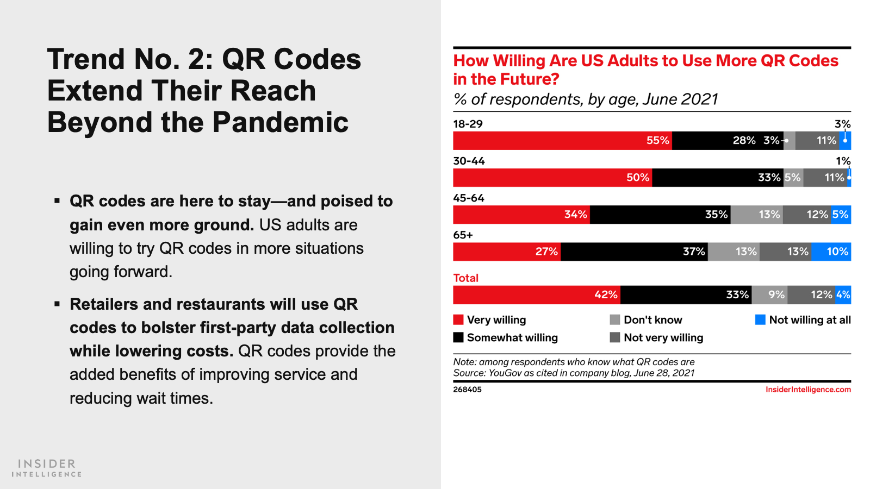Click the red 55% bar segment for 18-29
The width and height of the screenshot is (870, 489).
(562, 141)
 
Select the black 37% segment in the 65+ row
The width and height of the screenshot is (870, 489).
(634, 252)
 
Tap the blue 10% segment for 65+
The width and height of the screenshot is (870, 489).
(831, 252)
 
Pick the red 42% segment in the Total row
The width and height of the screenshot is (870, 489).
(537, 295)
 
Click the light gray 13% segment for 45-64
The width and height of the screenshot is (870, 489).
(757, 215)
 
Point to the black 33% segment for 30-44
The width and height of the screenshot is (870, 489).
(718, 178)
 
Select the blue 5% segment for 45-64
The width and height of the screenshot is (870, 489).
(841, 215)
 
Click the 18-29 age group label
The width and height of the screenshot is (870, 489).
(468, 124)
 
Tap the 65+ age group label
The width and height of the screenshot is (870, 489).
(463, 235)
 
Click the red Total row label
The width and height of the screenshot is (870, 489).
(465, 278)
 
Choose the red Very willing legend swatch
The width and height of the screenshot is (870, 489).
(458, 319)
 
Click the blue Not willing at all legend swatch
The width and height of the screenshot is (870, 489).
(760, 319)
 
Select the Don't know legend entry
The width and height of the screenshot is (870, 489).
(652, 320)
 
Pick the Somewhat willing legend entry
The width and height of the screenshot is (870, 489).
(512, 337)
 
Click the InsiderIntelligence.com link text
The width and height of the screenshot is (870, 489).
(808, 390)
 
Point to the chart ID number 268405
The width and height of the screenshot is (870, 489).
(467, 390)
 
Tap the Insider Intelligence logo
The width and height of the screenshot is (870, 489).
(47, 468)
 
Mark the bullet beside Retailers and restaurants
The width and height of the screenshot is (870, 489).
(57, 304)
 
